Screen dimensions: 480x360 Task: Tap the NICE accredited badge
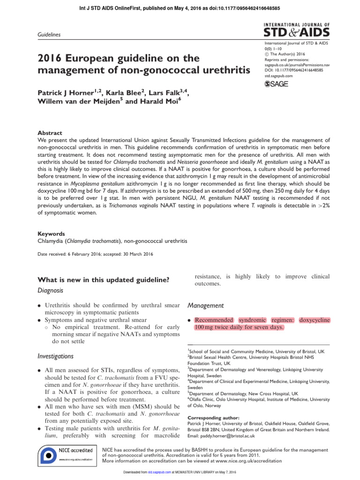(x=67, y=455)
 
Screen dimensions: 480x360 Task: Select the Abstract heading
(x=50, y=133)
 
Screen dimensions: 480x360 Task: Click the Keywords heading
(x=52, y=233)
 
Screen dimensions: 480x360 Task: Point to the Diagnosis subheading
(x=50, y=291)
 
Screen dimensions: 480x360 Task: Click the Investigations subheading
(x=55, y=356)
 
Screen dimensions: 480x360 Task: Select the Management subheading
(x=206, y=306)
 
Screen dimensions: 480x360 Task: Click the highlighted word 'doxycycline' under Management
(x=314, y=320)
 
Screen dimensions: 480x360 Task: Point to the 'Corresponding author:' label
(x=213, y=418)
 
